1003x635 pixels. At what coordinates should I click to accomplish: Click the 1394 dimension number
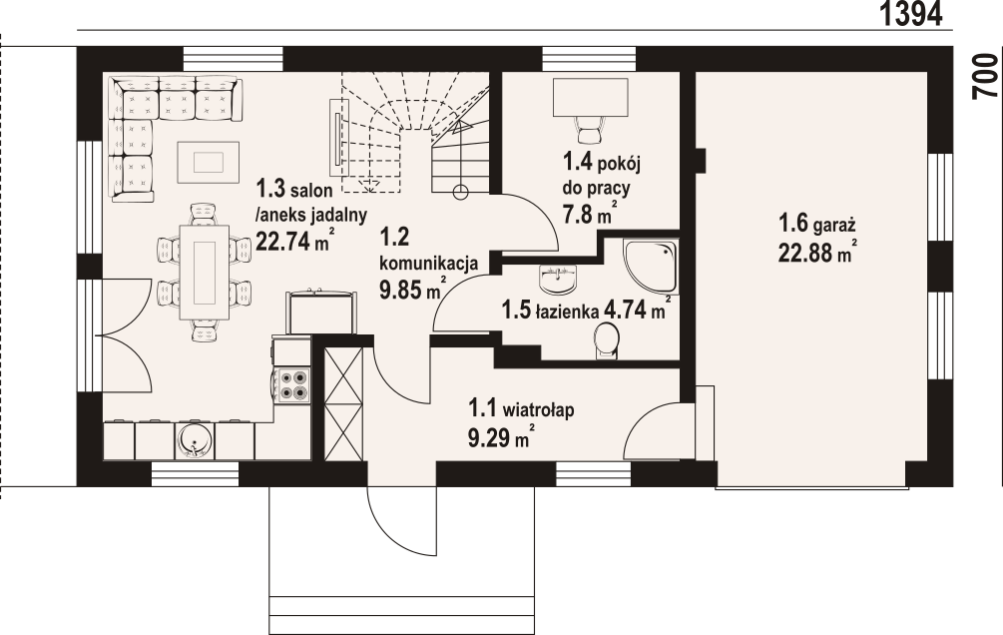[x=911, y=14]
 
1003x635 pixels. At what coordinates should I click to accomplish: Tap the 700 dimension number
[x=986, y=76]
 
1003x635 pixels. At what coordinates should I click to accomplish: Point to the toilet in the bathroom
[x=606, y=340]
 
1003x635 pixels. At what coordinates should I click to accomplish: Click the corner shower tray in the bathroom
[x=650, y=267]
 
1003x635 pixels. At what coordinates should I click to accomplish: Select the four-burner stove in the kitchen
[x=293, y=385]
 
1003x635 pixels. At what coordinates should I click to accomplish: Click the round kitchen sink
[x=194, y=441]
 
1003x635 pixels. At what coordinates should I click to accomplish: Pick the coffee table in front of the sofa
[x=209, y=161]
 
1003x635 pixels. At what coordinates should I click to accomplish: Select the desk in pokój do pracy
[x=588, y=98]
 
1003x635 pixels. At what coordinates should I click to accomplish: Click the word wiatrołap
[x=539, y=408]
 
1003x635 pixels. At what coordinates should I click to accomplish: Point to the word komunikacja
[x=428, y=263]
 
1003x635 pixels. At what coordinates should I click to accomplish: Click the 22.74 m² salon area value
[x=294, y=241]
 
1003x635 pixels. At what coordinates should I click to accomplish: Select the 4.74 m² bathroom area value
[x=637, y=311]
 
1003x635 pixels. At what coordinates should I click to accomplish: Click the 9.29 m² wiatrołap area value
[x=501, y=438]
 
